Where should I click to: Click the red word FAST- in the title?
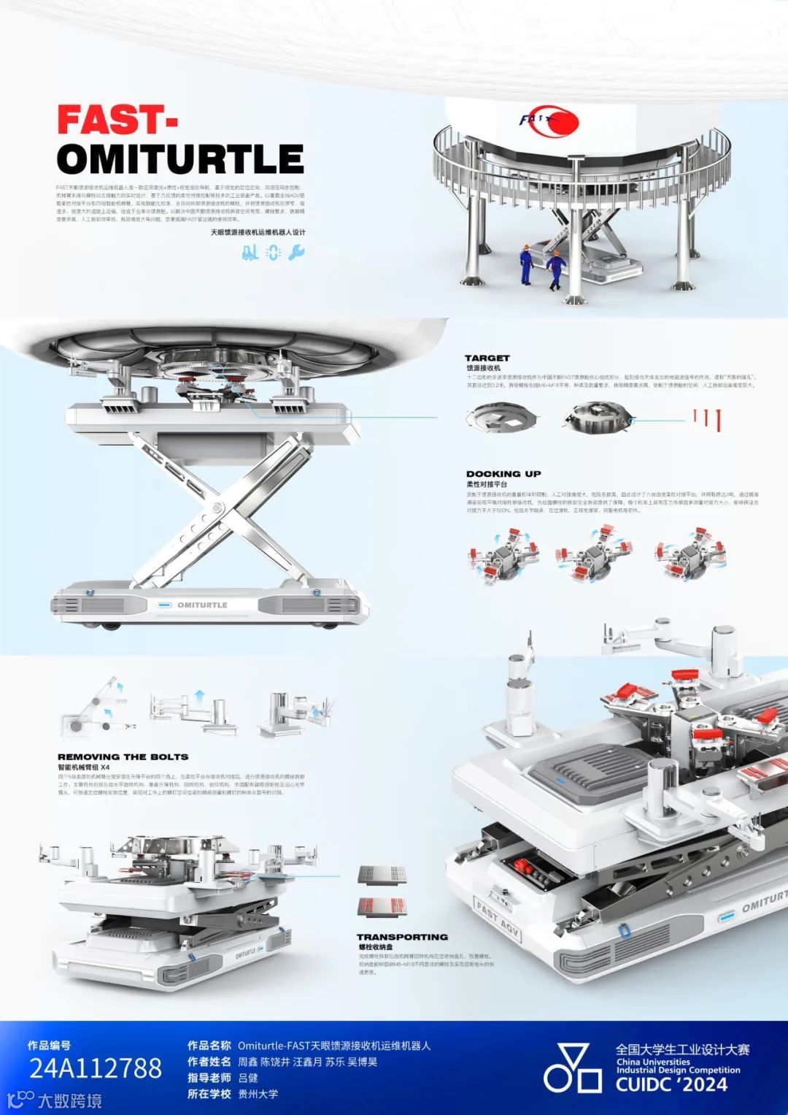point(117,120)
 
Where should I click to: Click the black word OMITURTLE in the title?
point(179,159)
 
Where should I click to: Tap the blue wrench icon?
point(296,253)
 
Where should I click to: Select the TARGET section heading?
point(487,358)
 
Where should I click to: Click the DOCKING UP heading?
point(503,474)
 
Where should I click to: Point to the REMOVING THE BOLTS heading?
point(123,757)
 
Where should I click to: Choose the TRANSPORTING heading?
point(402,937)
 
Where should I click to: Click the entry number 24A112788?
point(96,1069)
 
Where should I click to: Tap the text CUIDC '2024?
point(671,1084)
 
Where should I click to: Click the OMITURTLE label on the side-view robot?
point(202,605)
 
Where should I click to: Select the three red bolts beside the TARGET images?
point(707,418)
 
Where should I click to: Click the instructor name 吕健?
point(248,1078)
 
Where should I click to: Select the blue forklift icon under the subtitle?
point(250,253)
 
